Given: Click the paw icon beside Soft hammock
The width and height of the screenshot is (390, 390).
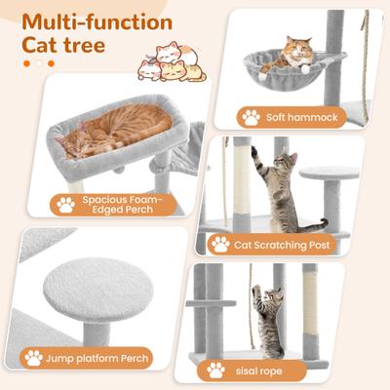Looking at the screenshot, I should [252, 117].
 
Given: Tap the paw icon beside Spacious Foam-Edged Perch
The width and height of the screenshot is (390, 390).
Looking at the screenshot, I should [66, 205].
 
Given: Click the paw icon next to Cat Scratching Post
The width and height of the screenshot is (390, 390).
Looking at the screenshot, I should [221, 244].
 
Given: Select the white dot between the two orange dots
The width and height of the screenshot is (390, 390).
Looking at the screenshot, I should [38, 63].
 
